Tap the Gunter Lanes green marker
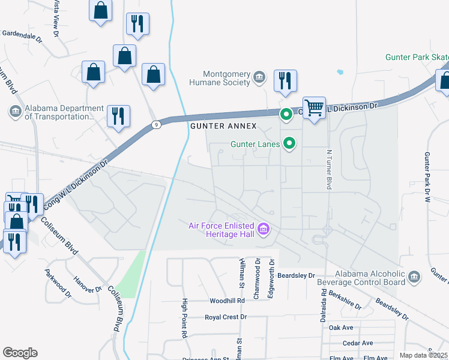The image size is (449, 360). pyautogui.click(x=289, y=143)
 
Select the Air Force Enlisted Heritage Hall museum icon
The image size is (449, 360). pyautogui.click(x=263, y=229)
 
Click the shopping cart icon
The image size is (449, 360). pyautogui.click(x=314, y=108)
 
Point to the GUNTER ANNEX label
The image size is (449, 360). pyautogui.click(x=223, y=127)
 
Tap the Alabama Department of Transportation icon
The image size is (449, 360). pyautogui.click(x=15, y=111)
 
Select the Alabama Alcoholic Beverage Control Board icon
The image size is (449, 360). pyautogui.click(x=414, y=277)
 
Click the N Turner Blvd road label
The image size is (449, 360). pyautogui.click(x=329, y=170)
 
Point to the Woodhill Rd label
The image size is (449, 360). pyautogui.click(x=228, y=301)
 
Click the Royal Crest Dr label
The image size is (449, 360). pyautogui.click(x=226, y=317)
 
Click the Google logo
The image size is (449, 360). pyautogui.click(x=20, y=352)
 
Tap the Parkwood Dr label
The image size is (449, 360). pyautogui.click(x=58, y=283)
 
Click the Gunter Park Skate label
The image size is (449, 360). pyautogui.click(x=417, y=58)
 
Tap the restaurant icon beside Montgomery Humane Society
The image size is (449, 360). pyautogui.click(x=285, y=81)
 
